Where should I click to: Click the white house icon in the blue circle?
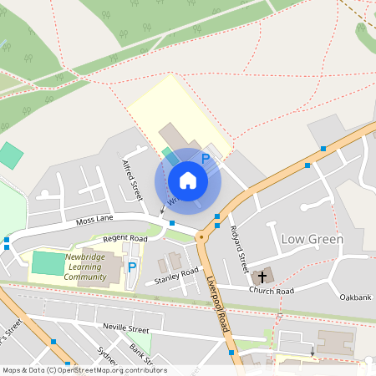(x=188, y=180)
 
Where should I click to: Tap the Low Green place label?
(x=312, y=239)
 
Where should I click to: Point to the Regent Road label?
(x=124, y=239)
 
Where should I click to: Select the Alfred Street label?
(x=132, y=180)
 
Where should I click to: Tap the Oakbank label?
(x=355, y=297)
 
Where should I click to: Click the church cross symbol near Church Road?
(x=262, y=276)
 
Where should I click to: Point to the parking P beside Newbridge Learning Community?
(x=132, y=268)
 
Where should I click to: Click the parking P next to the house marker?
(x=206, y=157)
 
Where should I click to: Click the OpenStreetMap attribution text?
(x=84, y=370)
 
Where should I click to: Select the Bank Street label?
(x=141, y=354)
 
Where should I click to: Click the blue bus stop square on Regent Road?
(x=172, y=223)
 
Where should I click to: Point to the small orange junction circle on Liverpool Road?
(x=201, y=237)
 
